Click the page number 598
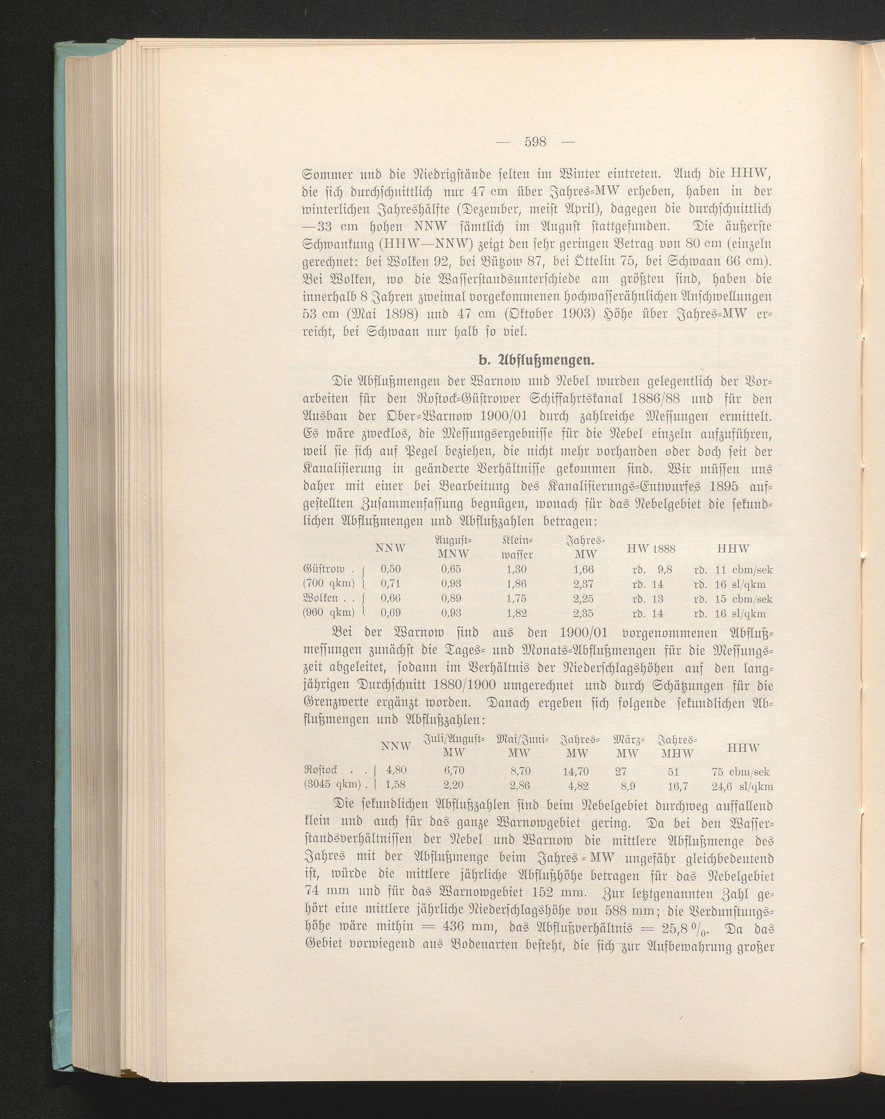[535, 141]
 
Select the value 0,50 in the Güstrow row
[390, 569]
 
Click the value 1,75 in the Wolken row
[516, 599]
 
